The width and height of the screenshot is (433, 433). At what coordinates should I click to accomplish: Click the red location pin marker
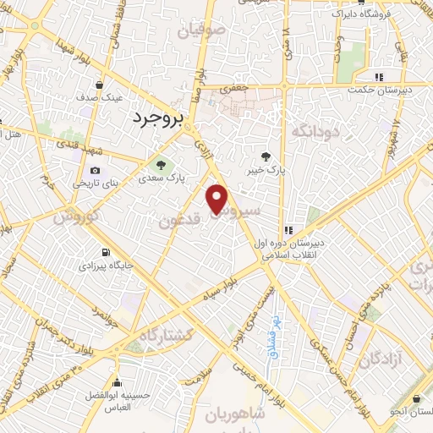218,200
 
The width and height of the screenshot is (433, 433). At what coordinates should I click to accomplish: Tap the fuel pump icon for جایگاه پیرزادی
106,252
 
